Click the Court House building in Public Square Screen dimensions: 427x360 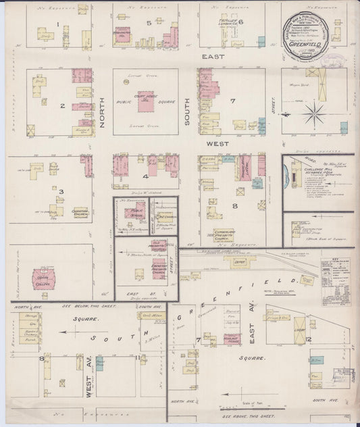click(x=146, y=101)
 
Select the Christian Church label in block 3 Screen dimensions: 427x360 click(x=80, y=211)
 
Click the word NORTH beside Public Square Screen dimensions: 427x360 click(x=102, y=111)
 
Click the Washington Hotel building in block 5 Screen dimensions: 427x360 click(x=122, y=34)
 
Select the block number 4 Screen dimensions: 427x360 click(x=145, y=177)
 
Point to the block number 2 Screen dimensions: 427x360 click(x=61, y=105)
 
